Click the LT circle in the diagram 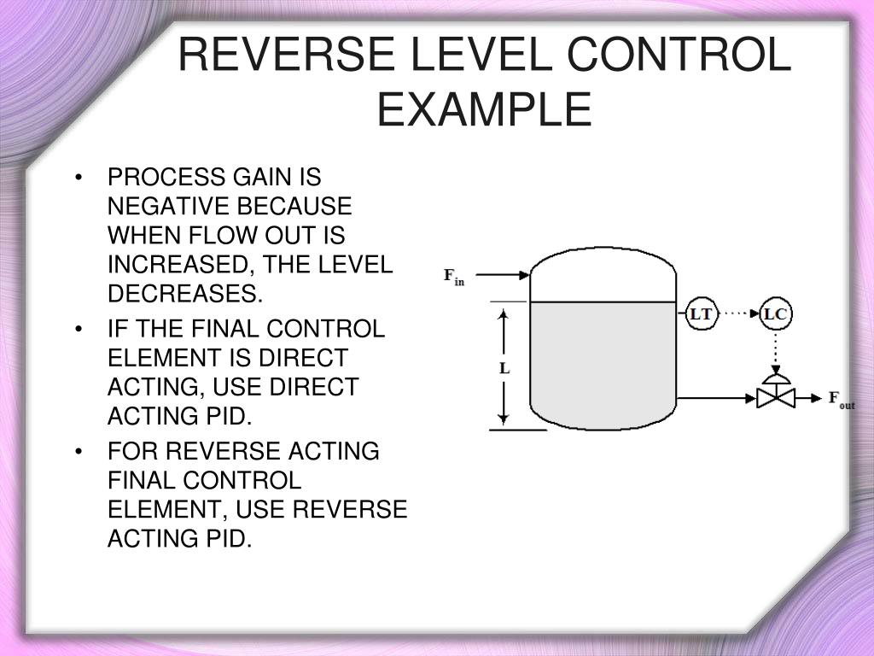701,314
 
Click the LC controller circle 775,314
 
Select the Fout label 842,399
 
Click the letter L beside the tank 504,369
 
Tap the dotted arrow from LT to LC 737,314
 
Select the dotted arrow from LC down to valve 775,350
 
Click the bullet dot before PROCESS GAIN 79,179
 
